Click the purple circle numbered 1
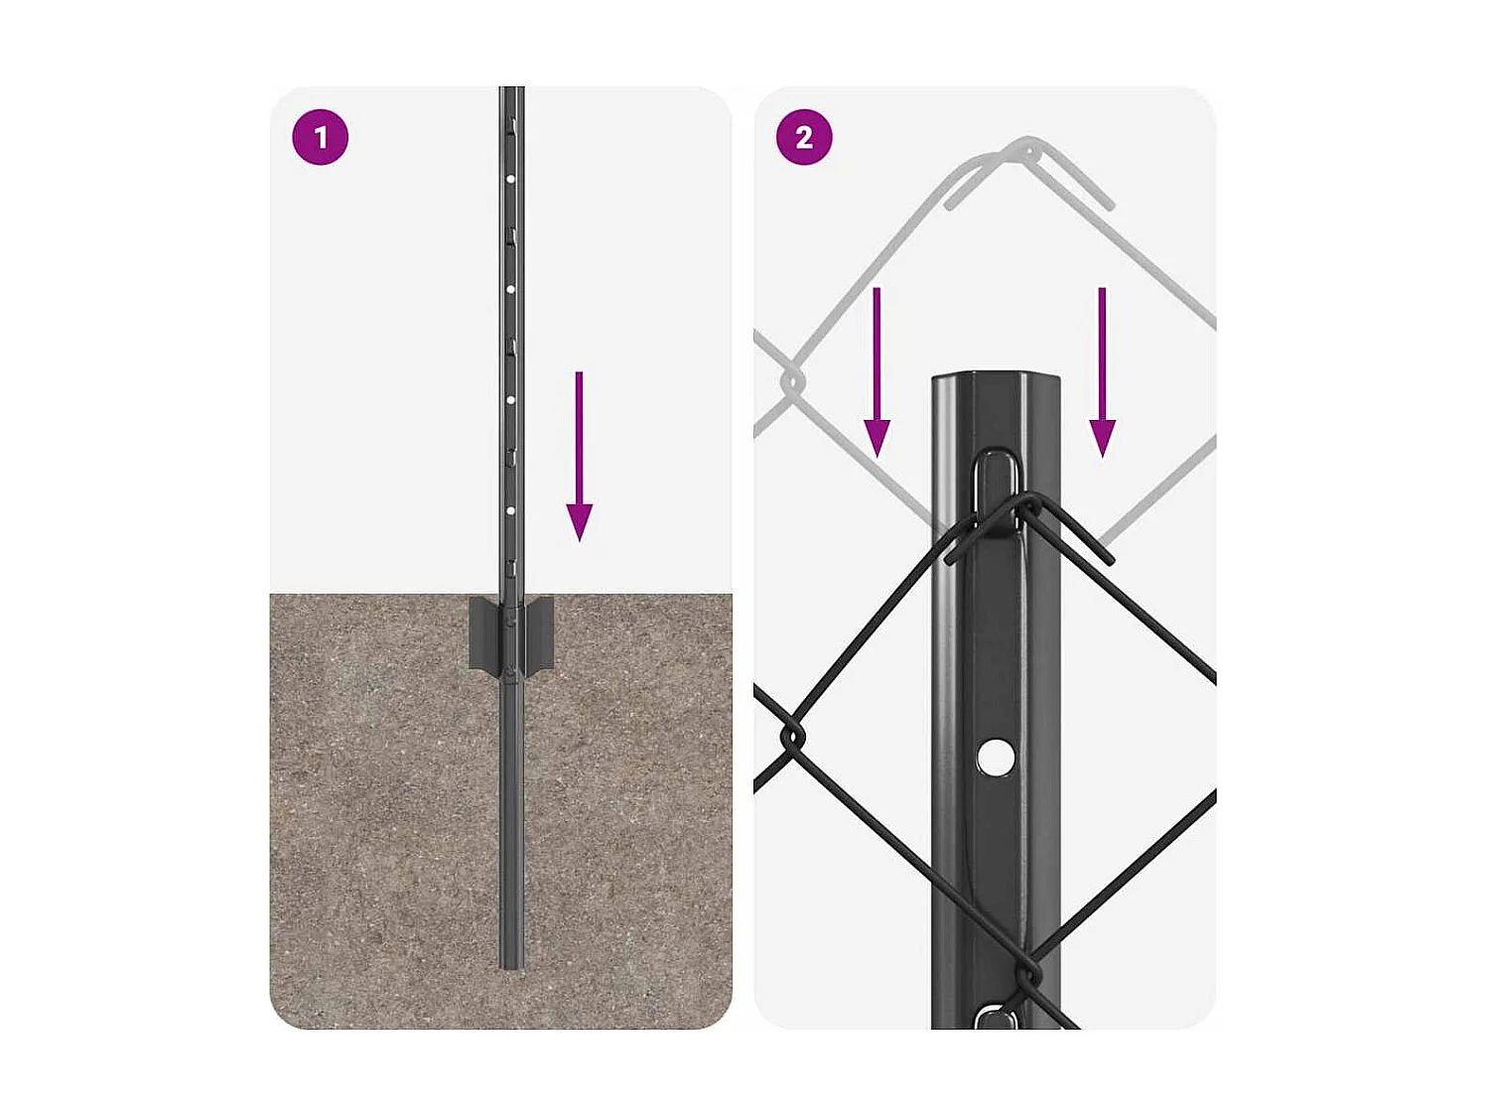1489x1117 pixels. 320,137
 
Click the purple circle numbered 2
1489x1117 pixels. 804,137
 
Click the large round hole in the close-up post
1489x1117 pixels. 995,758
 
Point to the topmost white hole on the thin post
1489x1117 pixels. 510,180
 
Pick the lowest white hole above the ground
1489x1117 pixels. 510,510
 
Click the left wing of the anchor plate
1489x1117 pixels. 484,632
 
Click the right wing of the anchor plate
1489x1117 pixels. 539,632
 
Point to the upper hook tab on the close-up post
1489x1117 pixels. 996,487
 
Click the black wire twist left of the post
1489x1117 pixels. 792,737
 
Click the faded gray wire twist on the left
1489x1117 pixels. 792,380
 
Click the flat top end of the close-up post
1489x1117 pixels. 996,378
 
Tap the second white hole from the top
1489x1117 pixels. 510,289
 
